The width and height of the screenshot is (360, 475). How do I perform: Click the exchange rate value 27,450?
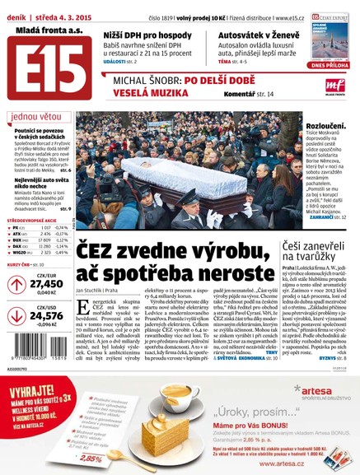tap(47, 284)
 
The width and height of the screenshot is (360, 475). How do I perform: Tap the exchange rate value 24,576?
tap(47, 315)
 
